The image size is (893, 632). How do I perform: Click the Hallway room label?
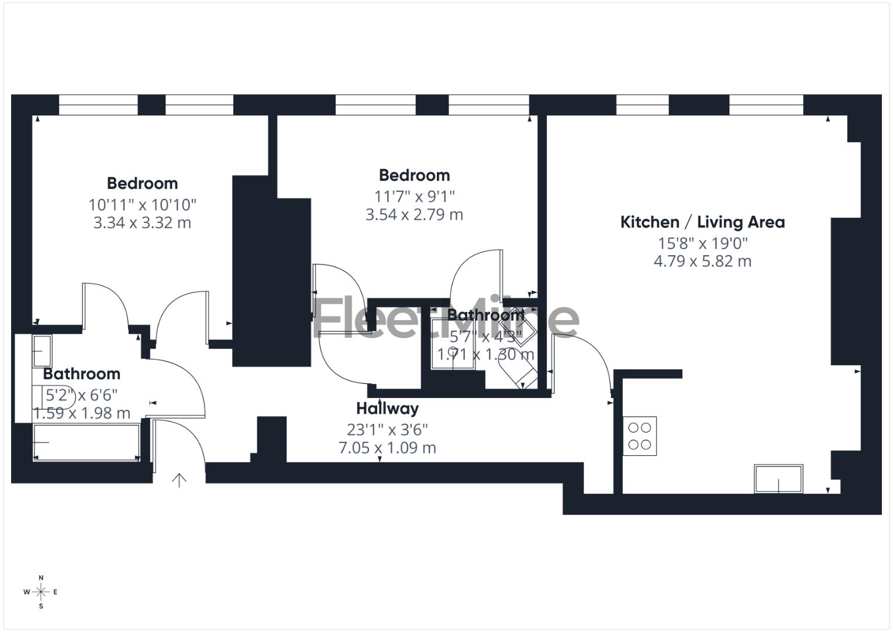[x=387, y=408]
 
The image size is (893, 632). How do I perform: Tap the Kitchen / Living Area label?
[x=702, y=222]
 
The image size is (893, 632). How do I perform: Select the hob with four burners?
[x=640, y=436]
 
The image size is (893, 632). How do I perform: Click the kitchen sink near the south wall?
[x=778, y=479]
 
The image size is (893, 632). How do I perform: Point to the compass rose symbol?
[x=41, y=592]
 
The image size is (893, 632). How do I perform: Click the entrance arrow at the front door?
[x=179, y=480]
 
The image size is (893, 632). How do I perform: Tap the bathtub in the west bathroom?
[x=87, y=442]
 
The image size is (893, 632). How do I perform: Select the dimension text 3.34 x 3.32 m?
[x=142, y=223]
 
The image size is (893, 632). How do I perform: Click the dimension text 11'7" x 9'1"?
[x=414, y=196]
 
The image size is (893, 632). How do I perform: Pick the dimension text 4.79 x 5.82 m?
[x=702, y=261]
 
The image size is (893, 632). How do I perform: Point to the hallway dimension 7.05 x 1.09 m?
[x=387, y=448]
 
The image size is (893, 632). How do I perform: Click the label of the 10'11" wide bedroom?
[x=142, y=184]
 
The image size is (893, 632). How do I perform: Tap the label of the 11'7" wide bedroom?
[x=414, y=176]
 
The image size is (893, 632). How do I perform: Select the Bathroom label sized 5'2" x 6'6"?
[x=81, y=374]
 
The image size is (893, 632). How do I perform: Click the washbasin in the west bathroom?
[x=42, y=351]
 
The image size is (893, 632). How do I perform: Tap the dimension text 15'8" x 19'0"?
[x=702, y=243]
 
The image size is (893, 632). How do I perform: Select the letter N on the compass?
[x=41, y=578]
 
